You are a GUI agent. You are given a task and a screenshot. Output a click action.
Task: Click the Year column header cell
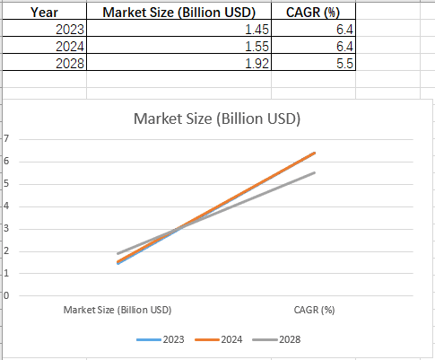[x=44, y=12]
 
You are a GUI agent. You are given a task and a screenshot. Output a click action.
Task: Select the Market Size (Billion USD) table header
[x=178, y=12]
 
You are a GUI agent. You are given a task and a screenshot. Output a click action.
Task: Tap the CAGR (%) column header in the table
[x=313, y=12]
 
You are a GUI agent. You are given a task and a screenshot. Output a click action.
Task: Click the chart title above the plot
[x=217, y=119]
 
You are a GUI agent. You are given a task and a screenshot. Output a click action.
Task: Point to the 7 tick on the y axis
[x=6, y=138]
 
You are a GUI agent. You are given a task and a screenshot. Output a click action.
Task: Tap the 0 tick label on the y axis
[x=6, y=295]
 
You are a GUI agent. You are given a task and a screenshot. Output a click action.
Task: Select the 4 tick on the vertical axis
[x=6, y=206]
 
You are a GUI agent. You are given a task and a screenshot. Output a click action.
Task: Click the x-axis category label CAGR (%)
[x=314, y=310]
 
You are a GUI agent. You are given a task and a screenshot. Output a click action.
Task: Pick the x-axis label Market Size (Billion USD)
[x=117, y=310]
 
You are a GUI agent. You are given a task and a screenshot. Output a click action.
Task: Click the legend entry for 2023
[x=161, y=339]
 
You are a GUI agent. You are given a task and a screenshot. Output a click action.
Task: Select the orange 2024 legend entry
[x=219, y=339]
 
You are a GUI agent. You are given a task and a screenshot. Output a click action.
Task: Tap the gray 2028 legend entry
[x=276, y=339]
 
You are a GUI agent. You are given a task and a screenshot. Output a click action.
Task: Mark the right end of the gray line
[x=315, y=172]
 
